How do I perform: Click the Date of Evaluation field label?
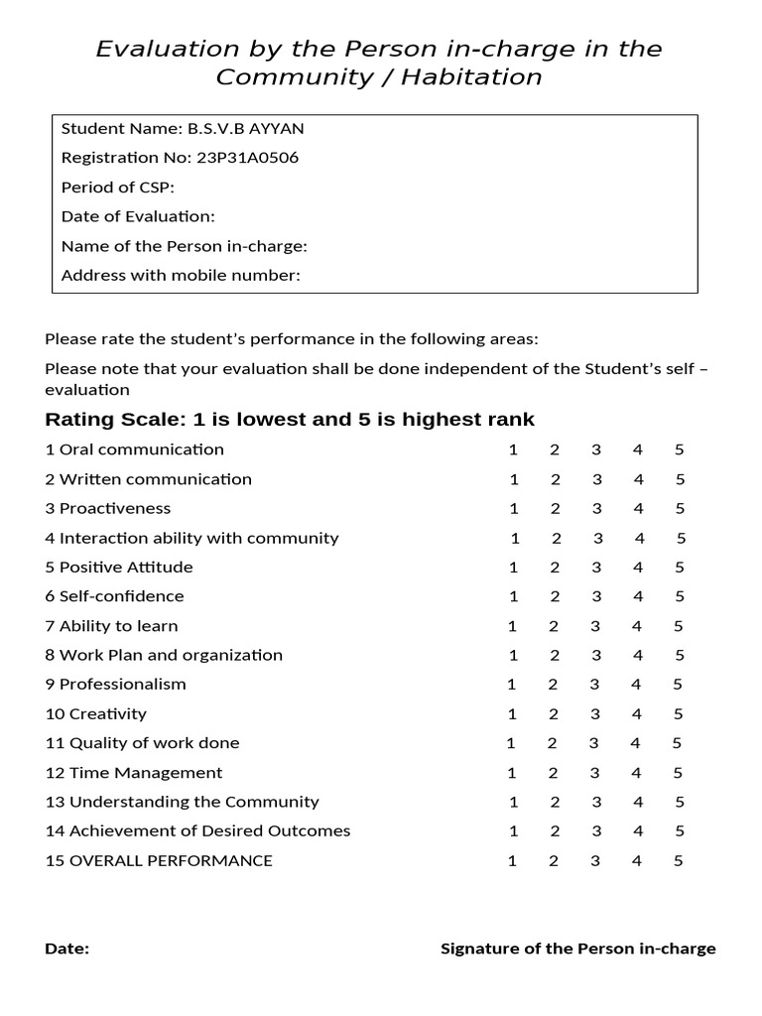coord(138,216)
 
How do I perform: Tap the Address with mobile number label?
coord(181,275)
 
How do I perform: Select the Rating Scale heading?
coord(290,420)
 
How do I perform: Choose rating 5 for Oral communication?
coord(680,449)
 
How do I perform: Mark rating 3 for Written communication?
coord(597,479)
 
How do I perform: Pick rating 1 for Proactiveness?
coord(514,509)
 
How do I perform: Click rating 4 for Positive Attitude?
coord(638,568)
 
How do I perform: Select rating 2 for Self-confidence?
coord(555,596)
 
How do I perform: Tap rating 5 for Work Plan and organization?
coord(680,655)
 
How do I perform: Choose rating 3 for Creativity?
coord(595,713)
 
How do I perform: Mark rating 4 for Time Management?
coord(637,772)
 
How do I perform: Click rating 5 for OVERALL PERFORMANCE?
coord(679,860)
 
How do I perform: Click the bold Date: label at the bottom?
coord(67,949)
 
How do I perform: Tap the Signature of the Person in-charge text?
coord(577,949)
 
